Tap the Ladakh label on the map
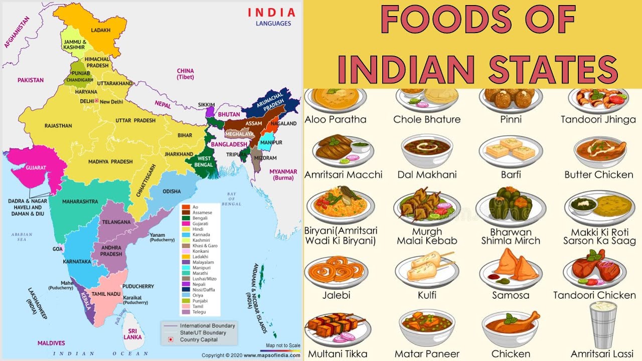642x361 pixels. point(100,31)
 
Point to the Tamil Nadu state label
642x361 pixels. point(105,294)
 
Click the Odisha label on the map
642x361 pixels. point(172,192)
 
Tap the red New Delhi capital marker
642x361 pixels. point(96,101)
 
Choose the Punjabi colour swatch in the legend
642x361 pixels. point(186,301)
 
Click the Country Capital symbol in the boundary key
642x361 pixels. point(170,339)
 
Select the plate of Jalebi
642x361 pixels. point(336,271)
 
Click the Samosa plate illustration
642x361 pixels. point(511,271)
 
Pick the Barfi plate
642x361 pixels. point(511,150)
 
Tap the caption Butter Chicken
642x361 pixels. point(598,175)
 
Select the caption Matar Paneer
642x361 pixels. point(427,354)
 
